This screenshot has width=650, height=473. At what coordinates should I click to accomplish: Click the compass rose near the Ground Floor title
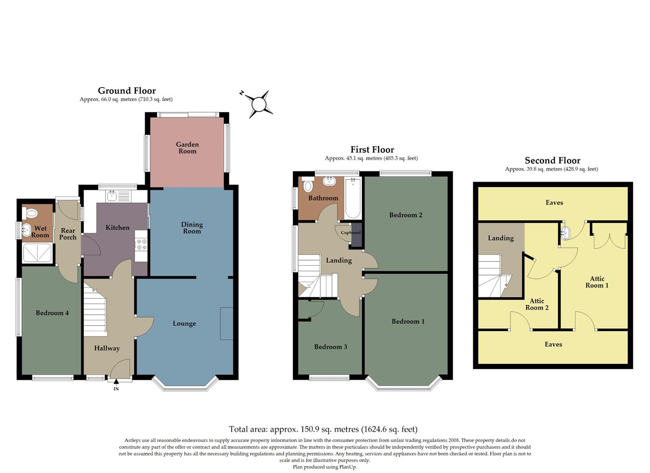pos(258,104)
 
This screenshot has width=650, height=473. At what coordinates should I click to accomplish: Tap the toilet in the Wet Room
pos(32,213)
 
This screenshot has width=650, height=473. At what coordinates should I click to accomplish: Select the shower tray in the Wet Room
pos(37,253)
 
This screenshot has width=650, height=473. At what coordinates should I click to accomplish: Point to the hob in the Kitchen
pos(141,244)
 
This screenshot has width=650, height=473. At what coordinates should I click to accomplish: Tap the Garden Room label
pos(187,148)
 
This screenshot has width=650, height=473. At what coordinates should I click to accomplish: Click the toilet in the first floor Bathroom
pos(308,186)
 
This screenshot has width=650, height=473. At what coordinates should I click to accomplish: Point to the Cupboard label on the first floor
pos(351,233)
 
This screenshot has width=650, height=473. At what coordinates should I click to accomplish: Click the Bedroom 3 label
pos(330,347)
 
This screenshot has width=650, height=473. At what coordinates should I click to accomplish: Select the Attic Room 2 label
pos(537,304)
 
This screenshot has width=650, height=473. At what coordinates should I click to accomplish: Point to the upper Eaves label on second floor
pos(554,202)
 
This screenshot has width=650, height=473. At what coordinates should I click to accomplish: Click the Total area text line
pos(323,429)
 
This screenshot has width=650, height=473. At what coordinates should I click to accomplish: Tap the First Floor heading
pos(372,150)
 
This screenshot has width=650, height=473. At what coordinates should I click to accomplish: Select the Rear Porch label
pos(68,234)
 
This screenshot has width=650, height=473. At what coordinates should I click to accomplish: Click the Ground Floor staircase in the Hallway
pos(95,311)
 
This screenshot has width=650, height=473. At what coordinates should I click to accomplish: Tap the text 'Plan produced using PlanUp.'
pos(325,467)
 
